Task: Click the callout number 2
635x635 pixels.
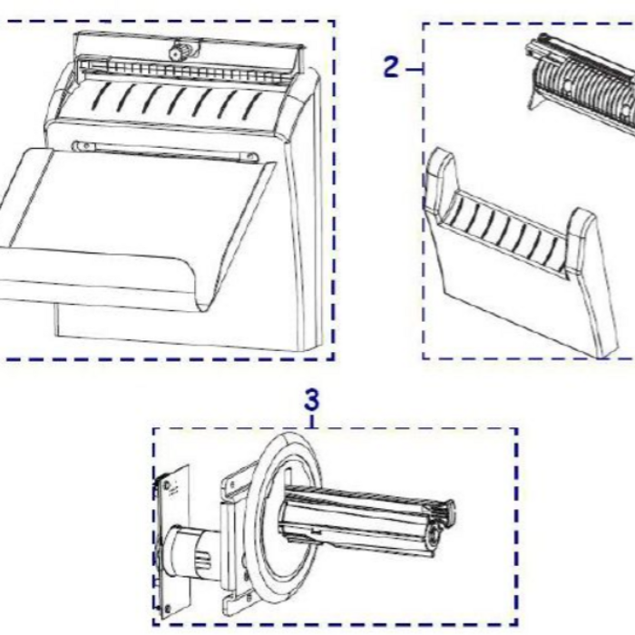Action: point(391,67)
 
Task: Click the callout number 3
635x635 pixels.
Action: point(312,400)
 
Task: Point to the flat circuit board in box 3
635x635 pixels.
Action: point(173,542)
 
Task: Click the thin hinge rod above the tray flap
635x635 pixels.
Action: point(165,151)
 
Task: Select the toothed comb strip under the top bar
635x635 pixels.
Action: point(190,71)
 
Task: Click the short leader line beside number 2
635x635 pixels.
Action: point(414,70)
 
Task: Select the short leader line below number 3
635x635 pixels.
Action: point(312,420)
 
